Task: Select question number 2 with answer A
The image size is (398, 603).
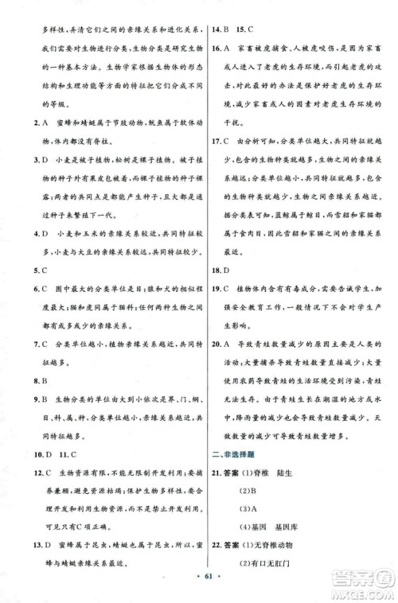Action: [x=26, y=123]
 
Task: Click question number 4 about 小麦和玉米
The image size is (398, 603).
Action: [x=26, y=233]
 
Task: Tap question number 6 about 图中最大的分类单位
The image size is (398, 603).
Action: [x=26, y=288]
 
